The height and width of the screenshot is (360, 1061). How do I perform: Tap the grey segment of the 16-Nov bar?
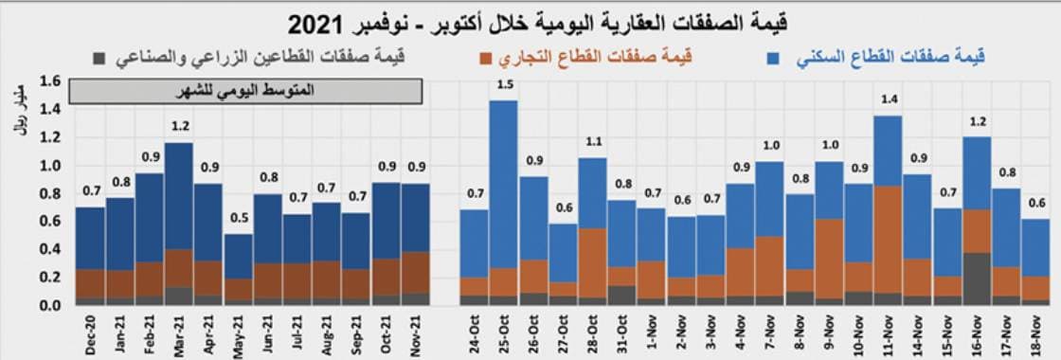[x=977, y=279]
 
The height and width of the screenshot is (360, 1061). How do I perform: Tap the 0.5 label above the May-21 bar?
[x=239, y=219]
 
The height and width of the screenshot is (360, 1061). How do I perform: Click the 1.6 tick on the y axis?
[x=50, y=81]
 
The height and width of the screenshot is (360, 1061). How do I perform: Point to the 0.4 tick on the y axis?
[x=50, y=250]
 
